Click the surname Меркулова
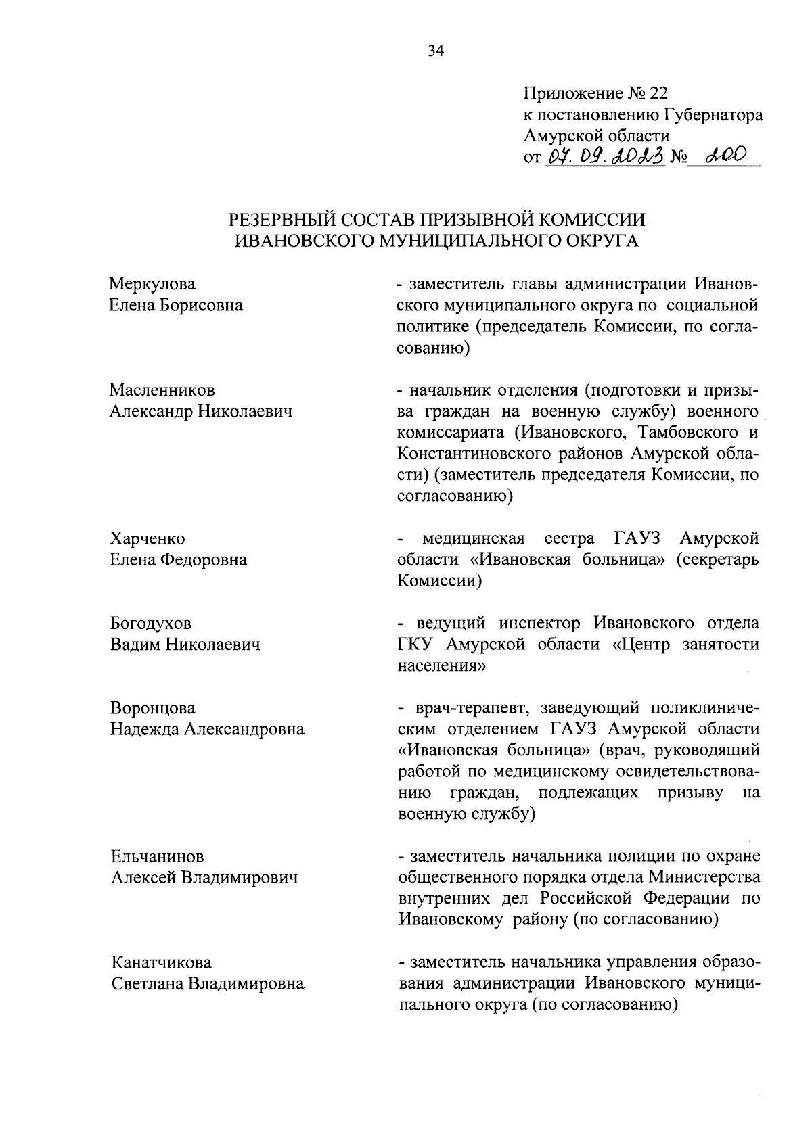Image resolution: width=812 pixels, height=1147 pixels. [x=152, y=284]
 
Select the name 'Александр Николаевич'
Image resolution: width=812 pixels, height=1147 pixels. [x=201, y=411]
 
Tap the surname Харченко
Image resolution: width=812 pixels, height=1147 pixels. [x=147, y=539]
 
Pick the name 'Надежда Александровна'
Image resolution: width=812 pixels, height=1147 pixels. [x=207, y=729]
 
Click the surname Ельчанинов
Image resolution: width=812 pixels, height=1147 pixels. [x=157, y=857]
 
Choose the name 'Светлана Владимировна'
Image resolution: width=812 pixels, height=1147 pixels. [x=207, y=984]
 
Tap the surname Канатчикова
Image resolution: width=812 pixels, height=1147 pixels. [x=160, y=962]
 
